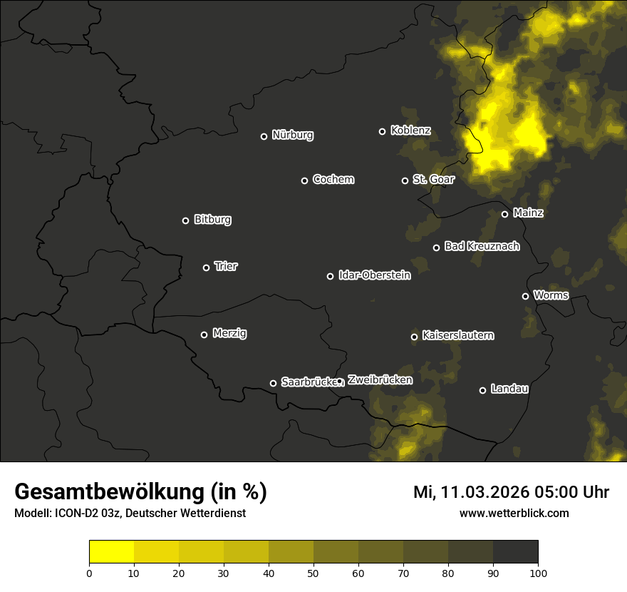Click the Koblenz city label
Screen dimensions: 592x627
coord(410,131)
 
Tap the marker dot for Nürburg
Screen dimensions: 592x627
coord(264,136)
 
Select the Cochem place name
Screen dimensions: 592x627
coord(333,180)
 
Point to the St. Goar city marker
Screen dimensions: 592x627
coord(405,181)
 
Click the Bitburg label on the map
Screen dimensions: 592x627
coord(212,220)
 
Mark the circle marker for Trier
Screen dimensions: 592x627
coord(207,268)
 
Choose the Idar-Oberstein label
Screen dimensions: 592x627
coord(374,275)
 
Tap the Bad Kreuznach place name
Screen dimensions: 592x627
coord(482,247)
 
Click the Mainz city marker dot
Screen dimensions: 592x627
coord(504,214)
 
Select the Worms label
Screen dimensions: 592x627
coord(551,295)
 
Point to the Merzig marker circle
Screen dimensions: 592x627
coord(204,335)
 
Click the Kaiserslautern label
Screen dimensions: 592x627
coord(457,335)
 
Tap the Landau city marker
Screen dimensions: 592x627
coord(482,390)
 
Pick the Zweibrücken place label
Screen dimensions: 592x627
coord(380,380)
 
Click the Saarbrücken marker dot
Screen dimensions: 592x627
coord(273,383)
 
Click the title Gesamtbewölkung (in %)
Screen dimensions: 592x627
coord(140,492)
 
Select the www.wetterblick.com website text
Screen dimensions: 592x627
coord(514,513)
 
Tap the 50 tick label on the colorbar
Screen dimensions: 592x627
coord(313,573)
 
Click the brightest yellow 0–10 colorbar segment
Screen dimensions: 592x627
coord(111,552)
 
